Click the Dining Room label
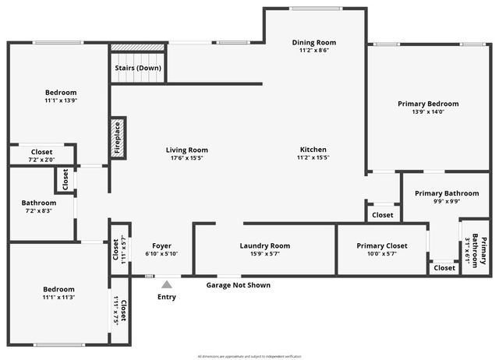click(x=313, y=42)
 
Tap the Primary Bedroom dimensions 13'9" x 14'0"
click(x=427, y=112)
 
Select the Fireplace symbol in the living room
click(x=118, y=139)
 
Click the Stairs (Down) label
click(x=139, y=68)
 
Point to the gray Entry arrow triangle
click(x=167, y=285)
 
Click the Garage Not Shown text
click(x=238, y=285)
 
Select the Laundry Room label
click(x=264, y=246)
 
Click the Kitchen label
click(x=313, y=150)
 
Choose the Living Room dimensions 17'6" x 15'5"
click(x=186, y=158)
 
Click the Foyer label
click(x=161, y=246)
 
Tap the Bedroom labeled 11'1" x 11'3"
click(x=59, y=293)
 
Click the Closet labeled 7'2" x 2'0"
click(x=41, y=156)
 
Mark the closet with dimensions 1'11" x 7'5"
click(x=119, y=309)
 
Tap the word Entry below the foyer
click(x=167, y=297)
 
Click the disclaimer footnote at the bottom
click(x=249, y=356)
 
